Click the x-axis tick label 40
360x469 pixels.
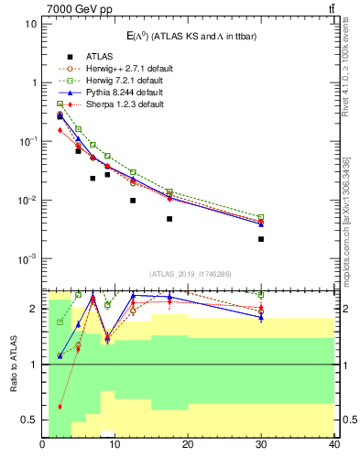tap(333, 445)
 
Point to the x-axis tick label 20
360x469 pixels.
tap(188, 445)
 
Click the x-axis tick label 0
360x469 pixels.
tap(43, 445)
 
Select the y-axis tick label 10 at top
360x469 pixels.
tap(30, 23)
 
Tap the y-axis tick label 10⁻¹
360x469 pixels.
tap(27, 141)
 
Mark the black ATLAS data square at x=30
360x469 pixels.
tap(261, 239)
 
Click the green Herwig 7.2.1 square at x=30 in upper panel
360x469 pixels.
tap(261, 217)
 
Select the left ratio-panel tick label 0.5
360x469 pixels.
tap(29, 420)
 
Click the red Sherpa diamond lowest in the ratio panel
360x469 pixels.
tap(60, 406)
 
